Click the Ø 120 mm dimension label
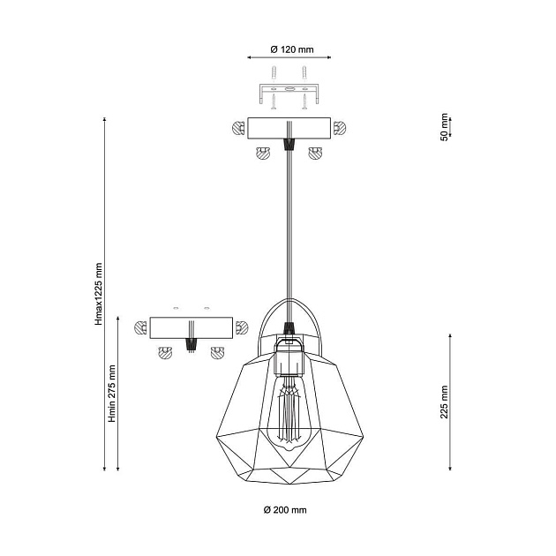point(292,49)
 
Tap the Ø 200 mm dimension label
point(285,510)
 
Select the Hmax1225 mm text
point(99,294)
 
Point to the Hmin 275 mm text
point(112,394)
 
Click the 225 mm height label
point(444,402)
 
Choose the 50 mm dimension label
point(444,127)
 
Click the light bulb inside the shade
point(289,413)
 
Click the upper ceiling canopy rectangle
point(289,128)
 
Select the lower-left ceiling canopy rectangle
point(192,327)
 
